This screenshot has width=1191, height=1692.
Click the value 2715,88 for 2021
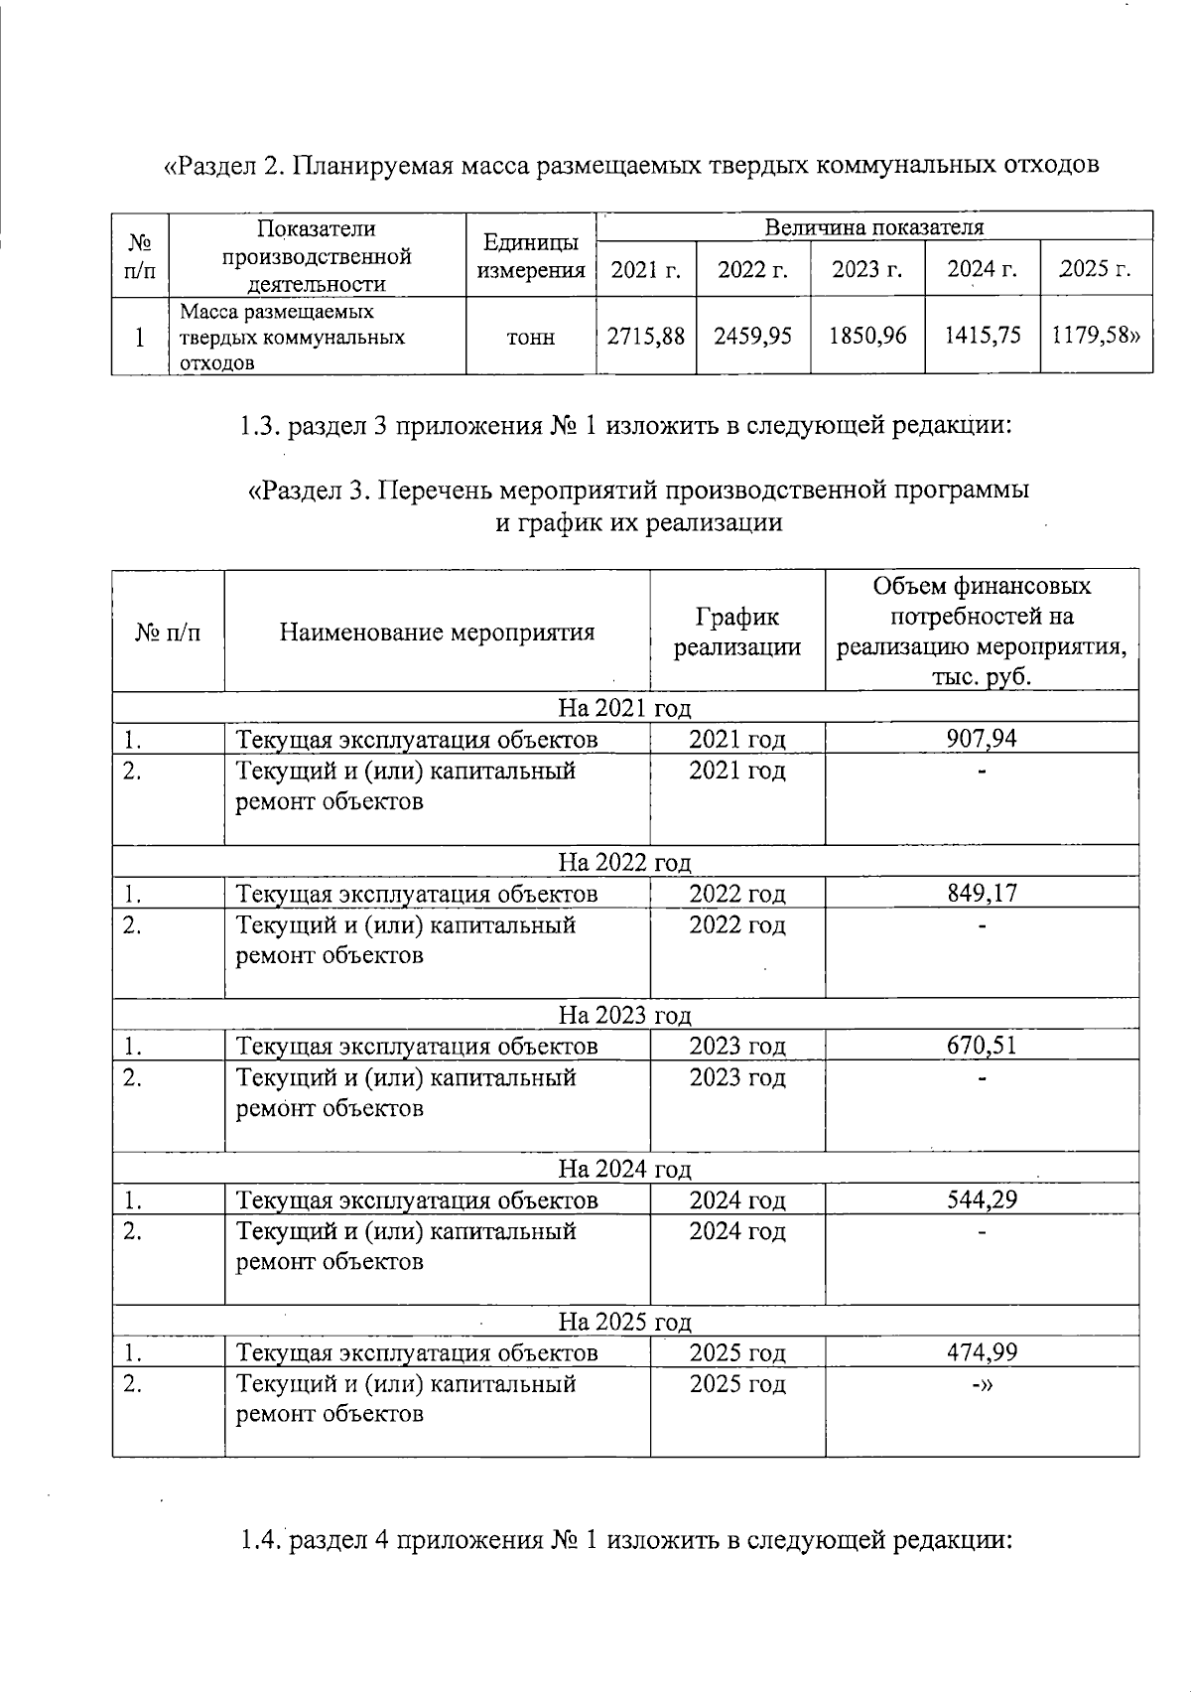pyautogui.click(x=646, y=337)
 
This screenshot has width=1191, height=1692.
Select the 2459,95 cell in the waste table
pyautogui.click(x=752, y=337)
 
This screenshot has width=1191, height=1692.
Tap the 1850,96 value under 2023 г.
pyautogui.click(x=868, y=337)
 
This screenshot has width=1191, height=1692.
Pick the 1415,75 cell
pyautogui.click(x=983, y=337)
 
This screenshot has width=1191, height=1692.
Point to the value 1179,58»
pyautogui.click(x=1097, y=337)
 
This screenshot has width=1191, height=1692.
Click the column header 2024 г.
pyautogui.click(x=983, y=269)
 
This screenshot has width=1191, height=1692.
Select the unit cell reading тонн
pyautogui.click(x=531, y=338)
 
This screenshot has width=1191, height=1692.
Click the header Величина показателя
pyautogui.click(x=873, y=226)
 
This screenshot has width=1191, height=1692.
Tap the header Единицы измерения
pyautogui.click(x=531, y=255)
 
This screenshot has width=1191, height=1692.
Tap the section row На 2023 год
pyautogui.click(x=624, y=1015)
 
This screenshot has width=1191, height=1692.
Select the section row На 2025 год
pyautogui.click(x=624, y=1322)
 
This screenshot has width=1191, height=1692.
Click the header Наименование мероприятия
pyautogui.click(x=437, y=633)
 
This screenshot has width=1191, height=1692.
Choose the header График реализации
pyautogui.click(x=737, y=633)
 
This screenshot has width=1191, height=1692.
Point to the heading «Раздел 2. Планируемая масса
pyautogui.click(x=631, y=164)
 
